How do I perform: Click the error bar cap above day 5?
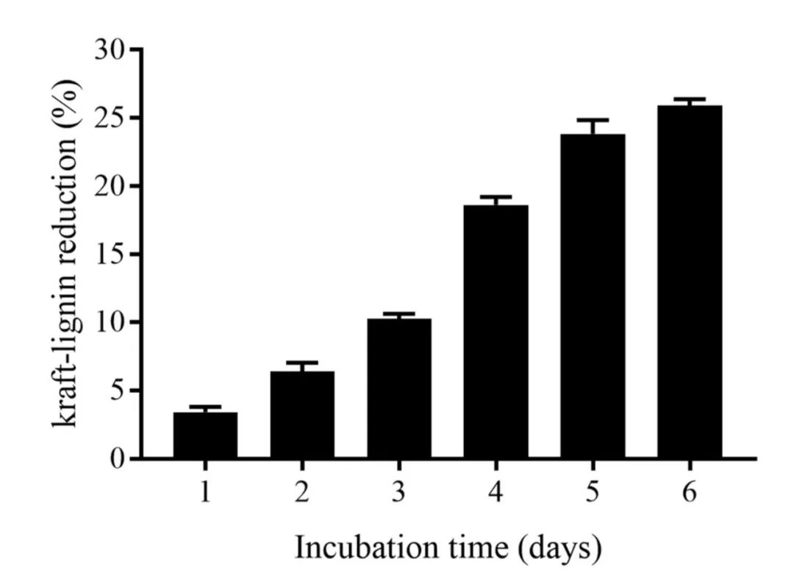coord(593,119)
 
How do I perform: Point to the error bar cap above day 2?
coord(302,362)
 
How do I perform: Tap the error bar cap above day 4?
coord(496,196)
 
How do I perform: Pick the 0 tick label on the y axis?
coord(117,459)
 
